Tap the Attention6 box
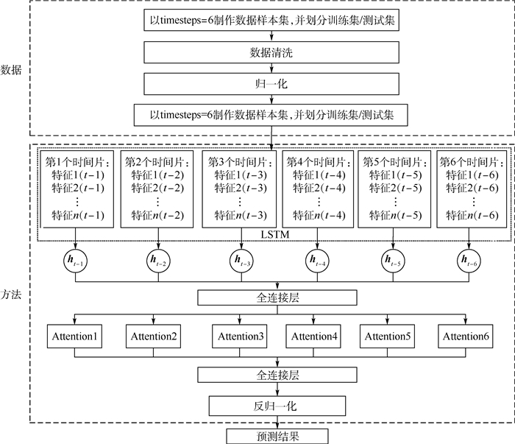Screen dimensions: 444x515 [466, 336]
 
